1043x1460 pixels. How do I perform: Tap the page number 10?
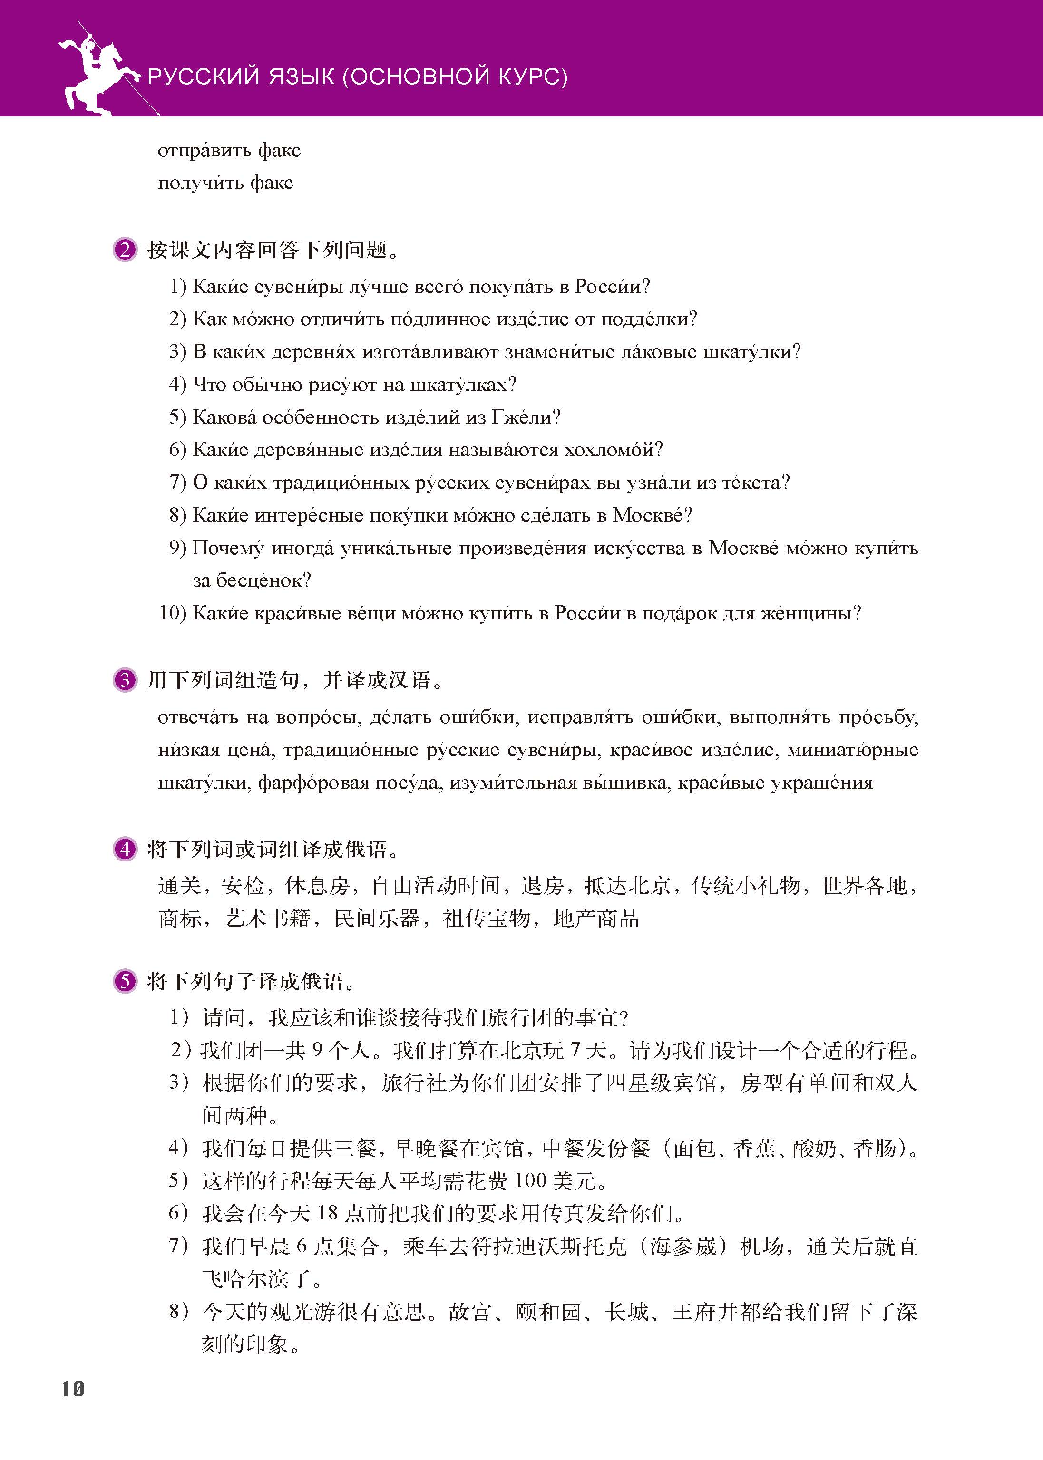click(x=73, y=1389)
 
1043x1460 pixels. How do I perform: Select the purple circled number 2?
click(x=125, y=249)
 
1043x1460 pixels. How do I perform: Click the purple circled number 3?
click(x=125, y=680)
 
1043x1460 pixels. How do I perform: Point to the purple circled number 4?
click(x=125, y=850)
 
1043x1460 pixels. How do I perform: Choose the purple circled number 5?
click(x=125, y=981)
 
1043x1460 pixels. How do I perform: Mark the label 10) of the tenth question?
click(x=173, y=614)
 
